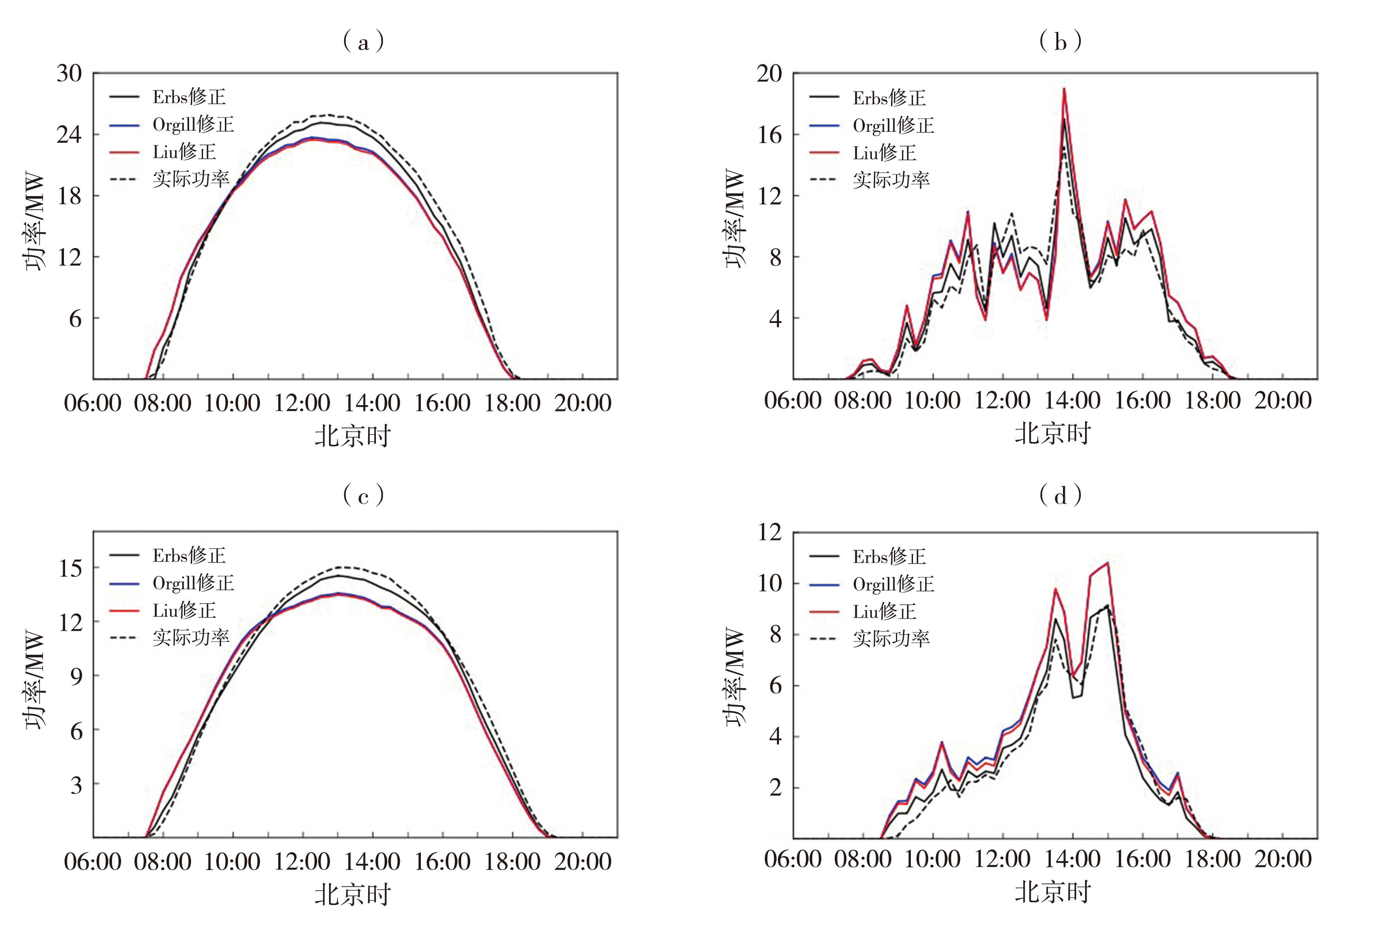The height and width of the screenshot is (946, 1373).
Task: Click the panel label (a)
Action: (363, 41)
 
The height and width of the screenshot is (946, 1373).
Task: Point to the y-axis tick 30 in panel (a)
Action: (69, 74)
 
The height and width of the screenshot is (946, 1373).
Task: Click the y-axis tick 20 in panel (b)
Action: (769, 74)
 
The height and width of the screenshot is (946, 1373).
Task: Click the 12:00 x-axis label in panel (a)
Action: (302, 403)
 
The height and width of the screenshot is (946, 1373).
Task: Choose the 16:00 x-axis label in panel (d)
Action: (1142, 860)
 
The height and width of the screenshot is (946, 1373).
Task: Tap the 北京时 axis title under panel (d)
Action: (1053, 892)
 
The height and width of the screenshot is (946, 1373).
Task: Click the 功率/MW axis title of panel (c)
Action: (34, 679)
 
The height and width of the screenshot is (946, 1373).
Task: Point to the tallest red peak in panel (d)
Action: (1108, 563)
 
